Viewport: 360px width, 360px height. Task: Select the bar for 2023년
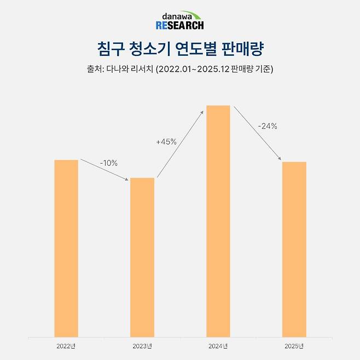coord(142,257)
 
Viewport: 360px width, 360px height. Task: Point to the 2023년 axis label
coord(142,346)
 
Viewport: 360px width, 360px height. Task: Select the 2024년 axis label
coord(218,346)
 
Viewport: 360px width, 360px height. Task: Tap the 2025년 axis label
coord(294,346)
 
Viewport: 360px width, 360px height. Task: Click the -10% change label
coord(108,163)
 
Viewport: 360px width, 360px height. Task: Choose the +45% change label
coord(166,142)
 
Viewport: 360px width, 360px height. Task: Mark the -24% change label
coord(268,126)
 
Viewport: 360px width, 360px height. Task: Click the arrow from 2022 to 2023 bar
coord(104,170)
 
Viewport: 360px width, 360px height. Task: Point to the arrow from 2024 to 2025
coord(257,133)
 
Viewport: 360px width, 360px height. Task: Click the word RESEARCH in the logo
coord(179,25)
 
